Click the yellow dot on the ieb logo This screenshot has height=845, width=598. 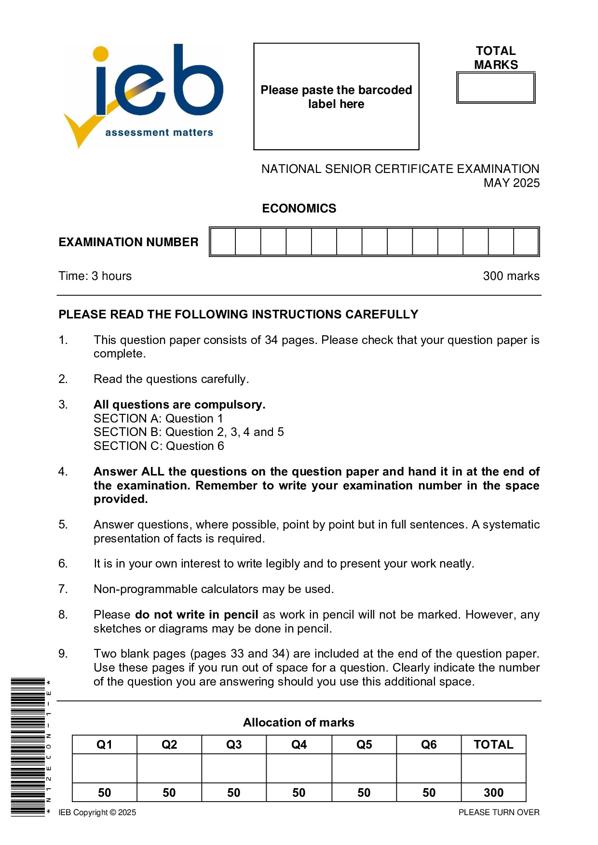tap(100, 54)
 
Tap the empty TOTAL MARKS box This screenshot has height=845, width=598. tap(496, 88)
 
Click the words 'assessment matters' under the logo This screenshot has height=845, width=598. tap(159, 132)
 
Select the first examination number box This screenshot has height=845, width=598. tap(223, 242)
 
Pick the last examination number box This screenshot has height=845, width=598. tap(526, 242)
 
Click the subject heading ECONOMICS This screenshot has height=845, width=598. tap(299, 208)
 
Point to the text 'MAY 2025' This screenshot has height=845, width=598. tap(511, 183)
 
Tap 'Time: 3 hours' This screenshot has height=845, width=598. tap(95, 276)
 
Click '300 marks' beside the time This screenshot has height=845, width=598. tap(511, 276)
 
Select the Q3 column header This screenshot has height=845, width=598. tap(234, 744)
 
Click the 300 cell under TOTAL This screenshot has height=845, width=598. tap(493, 792)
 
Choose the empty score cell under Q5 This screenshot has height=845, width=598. tap(364, 768)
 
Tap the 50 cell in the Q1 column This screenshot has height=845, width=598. tap(105, 792)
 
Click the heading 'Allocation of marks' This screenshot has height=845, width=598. tap(299, 722)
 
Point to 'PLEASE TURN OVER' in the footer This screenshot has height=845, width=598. tap(499, 812)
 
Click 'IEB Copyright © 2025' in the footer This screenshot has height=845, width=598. tap(97, 812)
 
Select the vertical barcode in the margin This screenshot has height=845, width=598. tap(27, 747)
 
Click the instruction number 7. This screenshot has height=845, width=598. tap(63, 589)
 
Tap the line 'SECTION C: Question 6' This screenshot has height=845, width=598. tap(159, 446)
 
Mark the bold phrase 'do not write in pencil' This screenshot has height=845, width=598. tap(196, 615)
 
